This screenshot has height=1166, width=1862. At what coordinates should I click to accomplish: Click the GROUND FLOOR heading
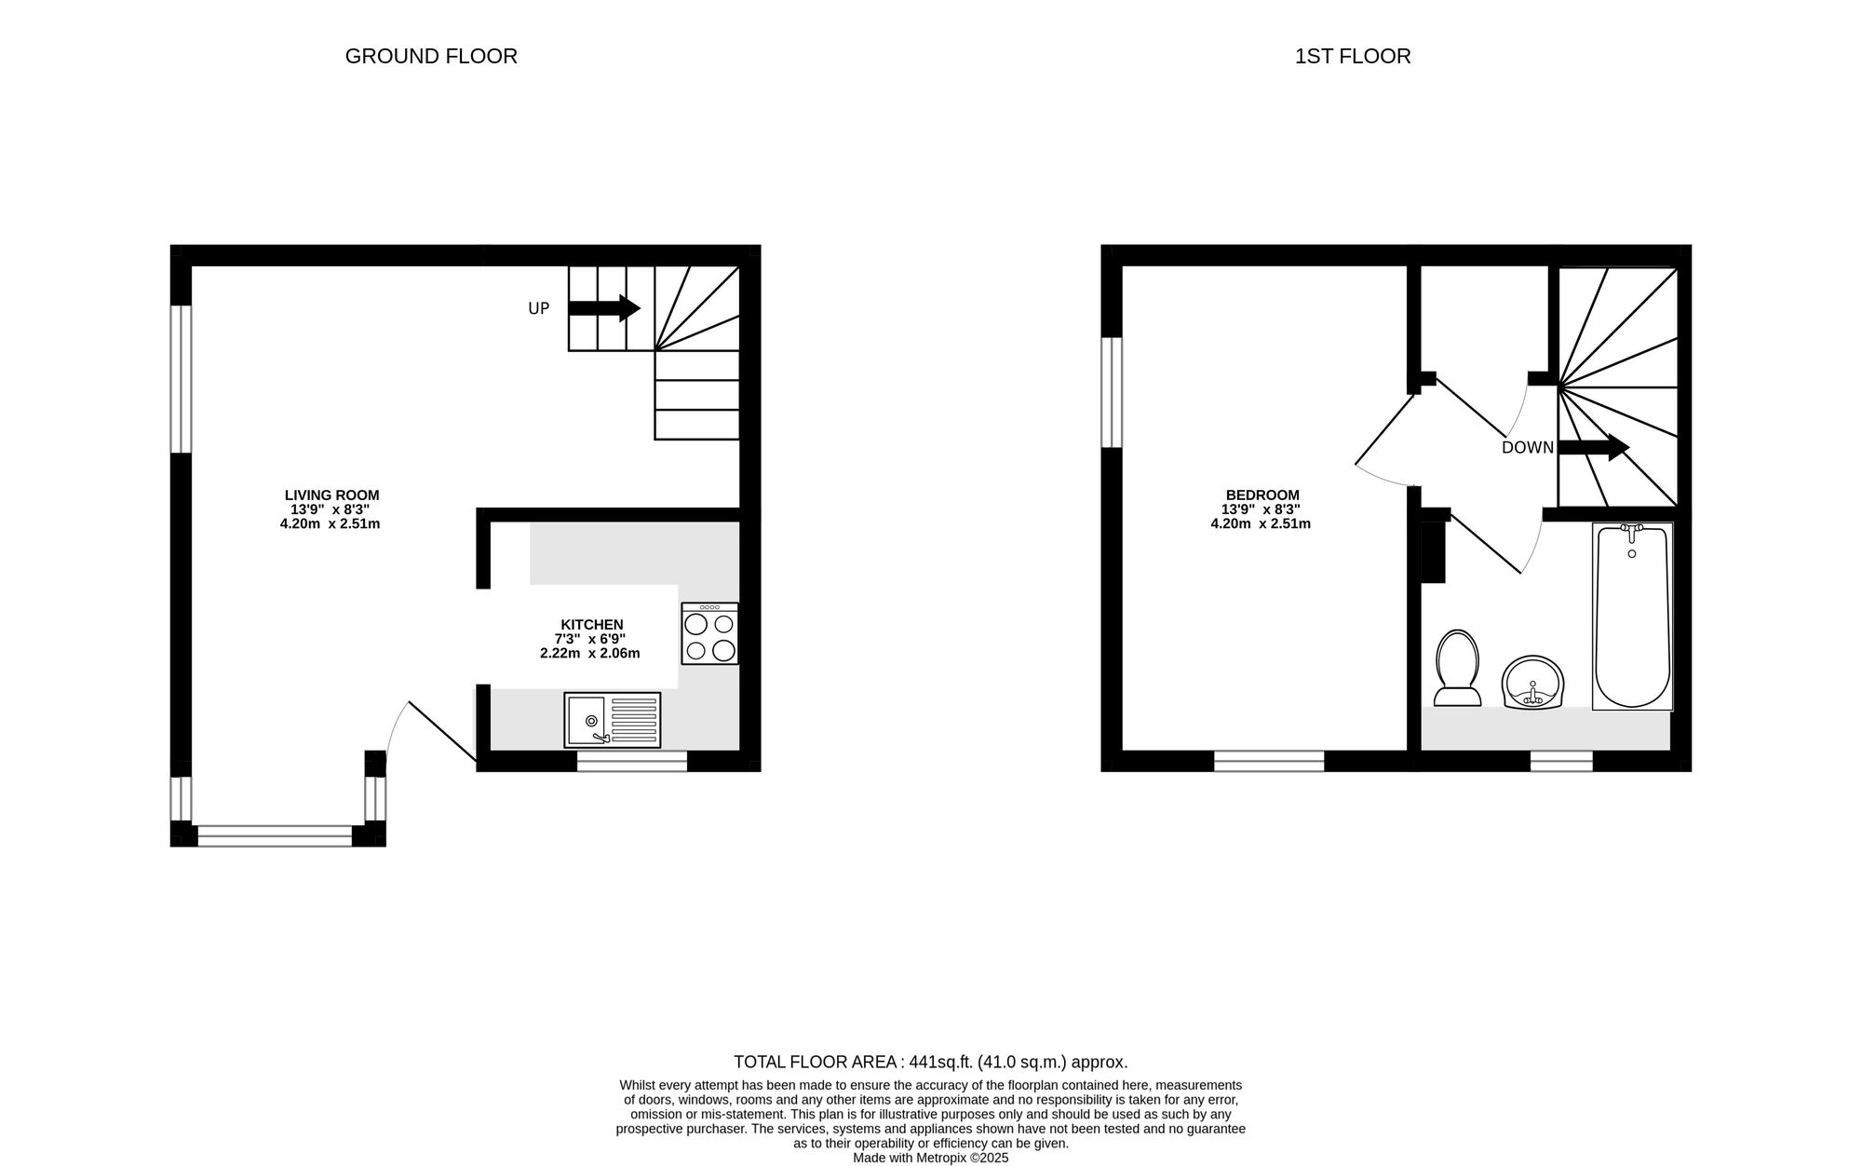[x=431, y=57]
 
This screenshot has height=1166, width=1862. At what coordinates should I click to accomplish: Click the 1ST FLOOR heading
[x=1353, y=57]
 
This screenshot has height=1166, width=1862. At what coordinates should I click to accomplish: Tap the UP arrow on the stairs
[x=604, y=308]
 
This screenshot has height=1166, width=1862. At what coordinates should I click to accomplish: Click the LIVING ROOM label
[x=331, y=495]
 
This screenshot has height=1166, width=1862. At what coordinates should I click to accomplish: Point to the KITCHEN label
[x=591, y=625]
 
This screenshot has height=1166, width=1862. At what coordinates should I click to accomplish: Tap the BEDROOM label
[x=1262, y=495]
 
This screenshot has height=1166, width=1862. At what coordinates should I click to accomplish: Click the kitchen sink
[x=612, y=720]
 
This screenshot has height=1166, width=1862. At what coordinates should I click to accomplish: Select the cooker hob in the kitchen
[x=709, y=633]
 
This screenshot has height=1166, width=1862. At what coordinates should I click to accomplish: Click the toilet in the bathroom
[x=1457, y=667]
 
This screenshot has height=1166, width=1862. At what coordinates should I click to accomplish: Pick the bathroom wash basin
[x=1532, y=683]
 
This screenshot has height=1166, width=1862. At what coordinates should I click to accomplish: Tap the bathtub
[x=1632, y=616]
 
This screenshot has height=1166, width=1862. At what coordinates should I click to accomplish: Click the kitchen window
[x=632, y=761]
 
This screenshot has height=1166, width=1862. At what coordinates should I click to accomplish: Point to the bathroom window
[x=1561, y=761]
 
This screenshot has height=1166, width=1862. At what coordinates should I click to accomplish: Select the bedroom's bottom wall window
[x=1269, y=761]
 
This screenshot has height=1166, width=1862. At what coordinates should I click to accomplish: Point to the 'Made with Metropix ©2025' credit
[x=930, y=1159]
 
